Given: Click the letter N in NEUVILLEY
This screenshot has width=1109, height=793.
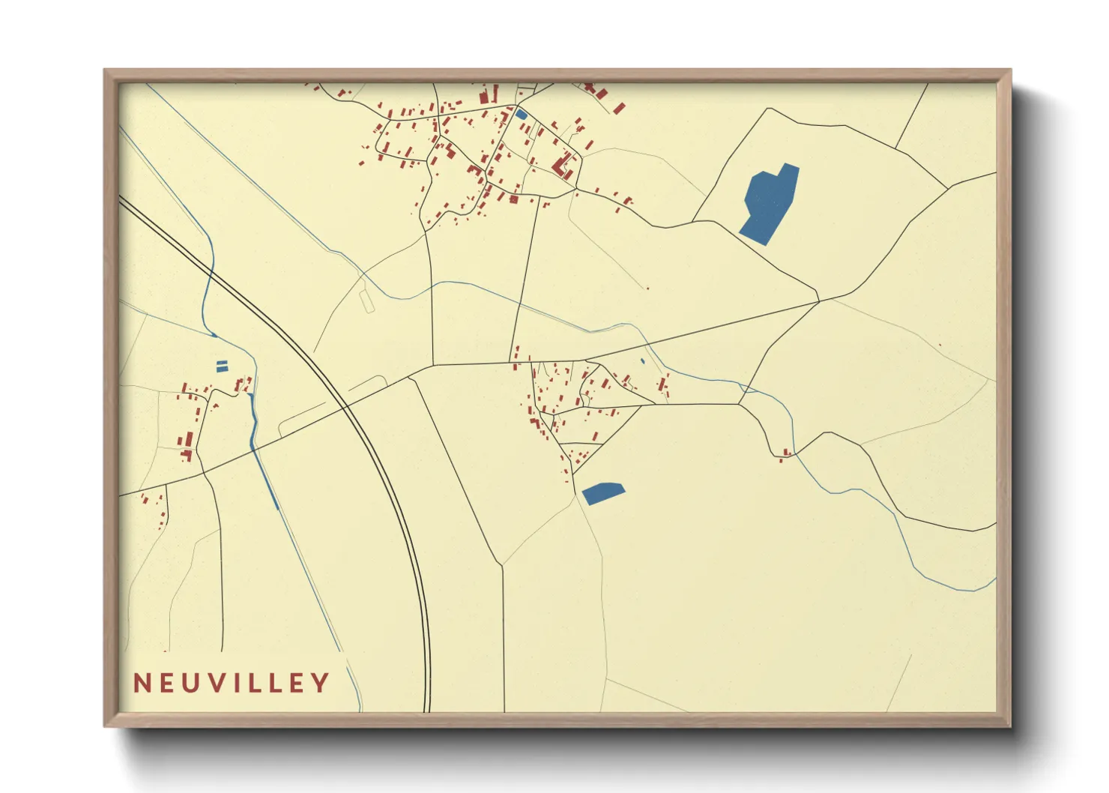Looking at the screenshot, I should point(142,683).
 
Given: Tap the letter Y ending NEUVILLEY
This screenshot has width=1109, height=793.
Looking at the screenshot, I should point(321,683).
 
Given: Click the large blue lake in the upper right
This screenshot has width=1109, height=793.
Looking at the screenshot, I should point(769,204).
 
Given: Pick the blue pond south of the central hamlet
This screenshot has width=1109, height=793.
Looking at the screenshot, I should point(603,492).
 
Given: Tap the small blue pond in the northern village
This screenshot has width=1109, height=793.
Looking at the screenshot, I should point(521,115).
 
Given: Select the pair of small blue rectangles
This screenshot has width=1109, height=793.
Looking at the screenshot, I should point(222,366).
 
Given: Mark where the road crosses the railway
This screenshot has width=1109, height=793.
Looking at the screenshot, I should point(346,406).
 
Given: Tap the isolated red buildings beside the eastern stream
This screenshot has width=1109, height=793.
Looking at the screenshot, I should point(785,453).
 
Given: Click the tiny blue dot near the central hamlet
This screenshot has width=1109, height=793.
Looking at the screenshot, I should point(642,361).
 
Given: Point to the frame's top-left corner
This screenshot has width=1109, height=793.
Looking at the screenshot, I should point(106,70).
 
